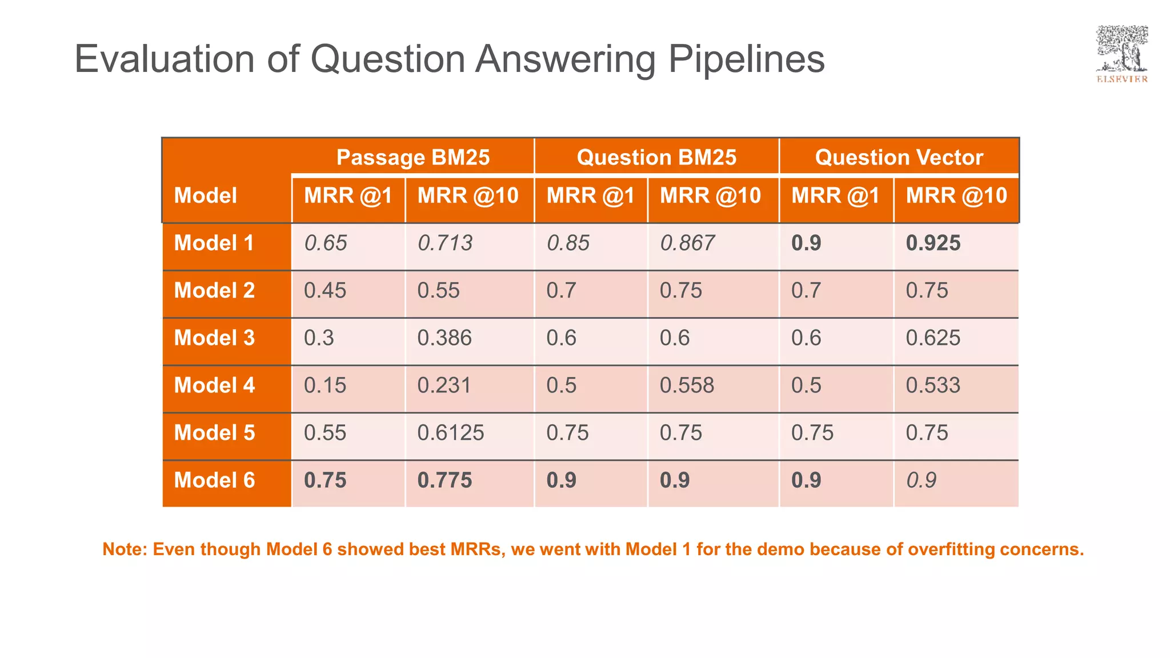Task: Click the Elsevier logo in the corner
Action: [x=1121, y=54]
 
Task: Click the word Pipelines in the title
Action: [x=746, y=59]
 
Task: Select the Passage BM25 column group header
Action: [x=412, y=157]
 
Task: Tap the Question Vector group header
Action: [x=899, y=157]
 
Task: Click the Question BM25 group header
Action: [x=656, y=157]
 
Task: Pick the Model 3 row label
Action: [x=214, y=338]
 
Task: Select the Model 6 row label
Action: [x=214, y=480]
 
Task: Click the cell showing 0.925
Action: [x=933, y=243]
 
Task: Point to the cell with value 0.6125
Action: [x=450, y=432]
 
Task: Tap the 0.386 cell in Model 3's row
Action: [x=444, y=338]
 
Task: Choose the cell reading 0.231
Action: [x=444, y=385]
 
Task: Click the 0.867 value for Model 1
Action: [x=687, y=243]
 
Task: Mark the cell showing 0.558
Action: [x=687, y=385]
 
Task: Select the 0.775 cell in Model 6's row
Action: [x=444, y=480]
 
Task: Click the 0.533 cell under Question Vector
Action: [x=933, y=385]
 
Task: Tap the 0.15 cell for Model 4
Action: [x=325, y=385]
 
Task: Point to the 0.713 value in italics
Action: [x=445, y=243]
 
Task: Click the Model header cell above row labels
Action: [x=205, y=195]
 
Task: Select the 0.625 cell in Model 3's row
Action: [x=933, y=338]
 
